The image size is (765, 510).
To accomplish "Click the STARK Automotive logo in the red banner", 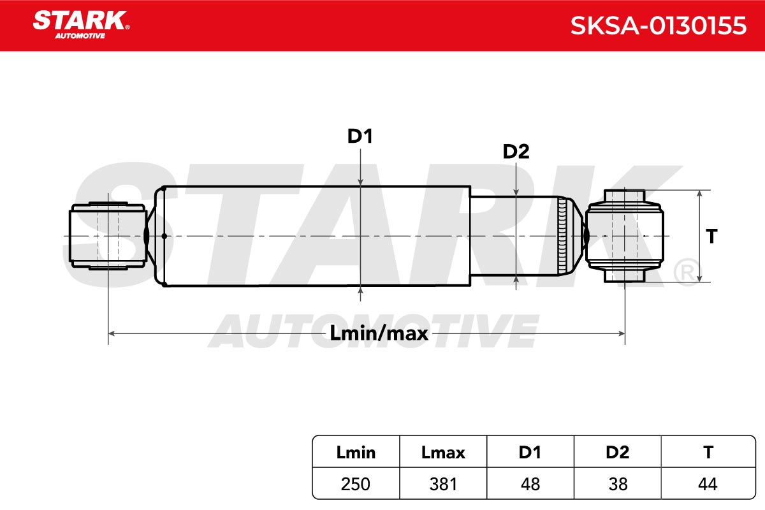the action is tap(81, 25).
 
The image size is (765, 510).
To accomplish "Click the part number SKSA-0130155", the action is tap(659, 25).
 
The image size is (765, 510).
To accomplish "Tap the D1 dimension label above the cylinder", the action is tap(360, 136).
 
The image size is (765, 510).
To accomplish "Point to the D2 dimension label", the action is tap(516, 151).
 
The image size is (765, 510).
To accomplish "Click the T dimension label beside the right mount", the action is tap(711, 236).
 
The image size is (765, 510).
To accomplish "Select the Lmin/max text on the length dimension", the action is tap(379, 333).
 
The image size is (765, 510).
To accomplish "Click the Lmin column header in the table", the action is tap(356, 453).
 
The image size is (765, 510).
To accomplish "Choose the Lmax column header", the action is tap(443, 453).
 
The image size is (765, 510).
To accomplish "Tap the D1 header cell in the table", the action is tap(530, 453).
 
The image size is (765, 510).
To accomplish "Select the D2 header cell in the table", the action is tap(618, 453).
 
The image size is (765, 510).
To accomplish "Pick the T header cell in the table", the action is tap(708, 453).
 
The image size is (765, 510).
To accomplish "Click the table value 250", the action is tap(356, 484).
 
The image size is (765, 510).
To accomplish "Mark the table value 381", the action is tap(443, 484).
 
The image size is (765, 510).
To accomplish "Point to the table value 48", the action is tap(530, 484).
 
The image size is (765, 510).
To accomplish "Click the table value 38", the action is tap(618, 484).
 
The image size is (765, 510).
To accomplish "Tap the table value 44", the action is tap(708, 484).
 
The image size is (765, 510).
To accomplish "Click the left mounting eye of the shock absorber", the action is tap(108, 236).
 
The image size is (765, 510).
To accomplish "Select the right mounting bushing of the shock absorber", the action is tap(625, 236).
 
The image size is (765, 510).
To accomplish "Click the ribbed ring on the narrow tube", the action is tap(562, 236).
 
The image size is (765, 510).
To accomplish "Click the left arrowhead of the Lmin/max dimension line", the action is tap(112, 333).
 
